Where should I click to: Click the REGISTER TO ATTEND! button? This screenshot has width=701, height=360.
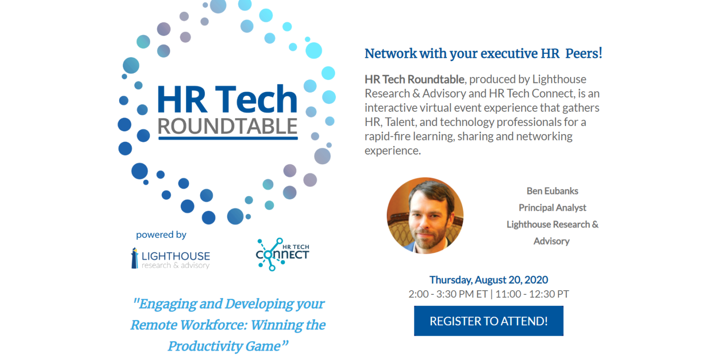click(x=488, y=321)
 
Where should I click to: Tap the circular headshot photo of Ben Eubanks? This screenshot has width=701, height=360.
click(x=425, y=216)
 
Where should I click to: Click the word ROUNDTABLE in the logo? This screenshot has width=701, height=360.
click(x=227, y=126)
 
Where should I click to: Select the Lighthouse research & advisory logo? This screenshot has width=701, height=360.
click(x=171, y=258)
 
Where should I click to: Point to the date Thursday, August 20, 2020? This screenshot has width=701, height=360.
click(x=488, y=280)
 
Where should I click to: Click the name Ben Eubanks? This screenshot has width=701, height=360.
click(x=552, y=191)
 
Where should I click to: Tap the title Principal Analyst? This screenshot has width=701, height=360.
click(x=552, y=208)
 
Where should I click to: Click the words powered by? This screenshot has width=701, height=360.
click(x=161, y=235)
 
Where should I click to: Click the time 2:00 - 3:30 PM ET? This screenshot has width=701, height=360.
click(x=448, y=294)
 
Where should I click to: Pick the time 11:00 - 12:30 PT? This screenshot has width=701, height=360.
click(x=532, y=294)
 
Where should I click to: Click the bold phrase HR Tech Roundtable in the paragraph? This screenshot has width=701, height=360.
click(x=414, y=79)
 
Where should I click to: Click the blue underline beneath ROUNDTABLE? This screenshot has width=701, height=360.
click(x=227, y=138)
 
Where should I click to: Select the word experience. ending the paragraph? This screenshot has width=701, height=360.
click(x=392, y=151)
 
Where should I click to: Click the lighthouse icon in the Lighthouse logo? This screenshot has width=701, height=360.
click(x=134, y=258)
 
